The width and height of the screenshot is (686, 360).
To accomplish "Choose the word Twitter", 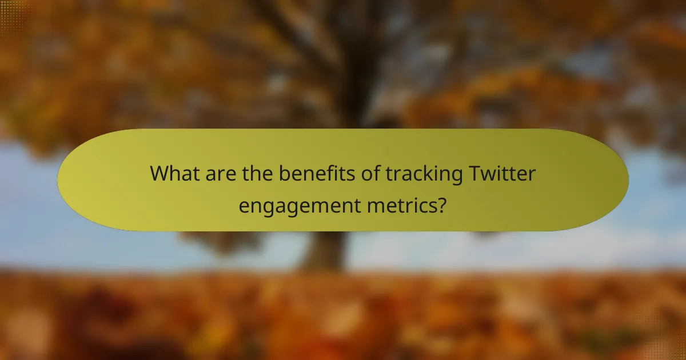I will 501,174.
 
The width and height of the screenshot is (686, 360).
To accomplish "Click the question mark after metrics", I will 441,203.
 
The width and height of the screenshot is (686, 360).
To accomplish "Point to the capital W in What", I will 159,174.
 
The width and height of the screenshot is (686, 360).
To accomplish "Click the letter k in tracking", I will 429,174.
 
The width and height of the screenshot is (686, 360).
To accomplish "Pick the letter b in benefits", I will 284,174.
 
